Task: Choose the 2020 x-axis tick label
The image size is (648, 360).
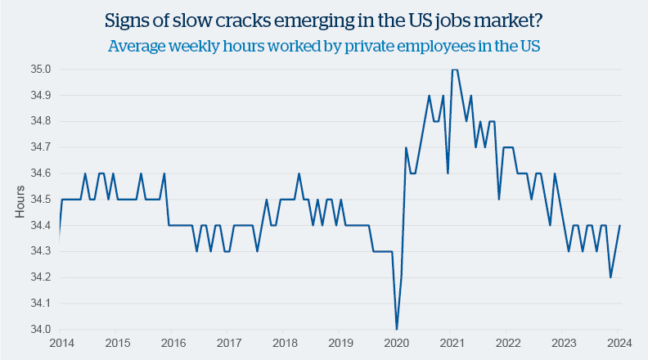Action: [x=396, y=343]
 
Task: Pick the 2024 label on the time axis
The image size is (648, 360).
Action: [x=619, y=343]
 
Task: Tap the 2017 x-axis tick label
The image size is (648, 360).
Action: [x=228, y=343]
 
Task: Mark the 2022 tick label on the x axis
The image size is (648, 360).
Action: [x=507, y=343]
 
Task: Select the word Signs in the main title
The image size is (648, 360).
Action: [x=128, y=19]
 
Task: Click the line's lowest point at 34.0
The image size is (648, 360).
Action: [x=396, y=329]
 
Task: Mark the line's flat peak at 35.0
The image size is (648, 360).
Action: [x=454, y=70]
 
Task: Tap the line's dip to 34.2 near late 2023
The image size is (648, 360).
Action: [x=610, y=277]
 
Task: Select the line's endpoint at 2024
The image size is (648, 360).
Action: [x=619, y=226]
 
